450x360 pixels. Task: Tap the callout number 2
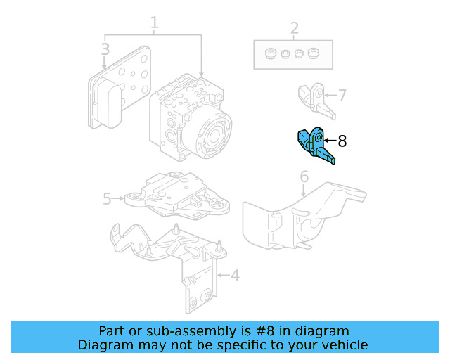[294, 29]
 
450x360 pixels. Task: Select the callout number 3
[105, 49]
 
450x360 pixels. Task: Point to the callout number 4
[235, 275]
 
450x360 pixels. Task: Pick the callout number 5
[107, 199]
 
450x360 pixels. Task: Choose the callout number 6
[304, 176]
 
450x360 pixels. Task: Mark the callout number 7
[342, 95]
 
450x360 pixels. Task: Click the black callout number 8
[342, 141]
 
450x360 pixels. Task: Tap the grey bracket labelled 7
[314, 99]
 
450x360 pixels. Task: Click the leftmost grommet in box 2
[269, 53]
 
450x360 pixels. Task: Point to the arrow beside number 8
[329, 141]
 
